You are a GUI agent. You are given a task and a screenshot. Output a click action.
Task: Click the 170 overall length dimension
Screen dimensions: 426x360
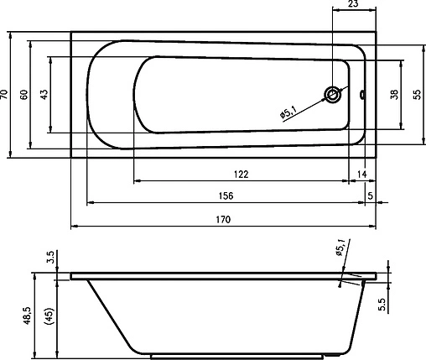223,220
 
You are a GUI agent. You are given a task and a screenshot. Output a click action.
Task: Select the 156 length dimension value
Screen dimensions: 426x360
226,196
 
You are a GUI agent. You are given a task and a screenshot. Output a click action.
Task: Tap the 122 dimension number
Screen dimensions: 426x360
241,175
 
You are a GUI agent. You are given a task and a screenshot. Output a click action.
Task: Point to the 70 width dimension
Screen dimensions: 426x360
3,95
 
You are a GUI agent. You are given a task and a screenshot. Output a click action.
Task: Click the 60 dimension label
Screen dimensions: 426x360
24,95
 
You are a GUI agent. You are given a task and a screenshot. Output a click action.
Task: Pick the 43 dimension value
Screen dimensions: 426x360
44,95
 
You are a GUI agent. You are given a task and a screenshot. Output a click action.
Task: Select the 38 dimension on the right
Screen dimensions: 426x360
394,95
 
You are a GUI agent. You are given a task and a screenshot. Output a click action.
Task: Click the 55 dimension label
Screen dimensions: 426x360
417,95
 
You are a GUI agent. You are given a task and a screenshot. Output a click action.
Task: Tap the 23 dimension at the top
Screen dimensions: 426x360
353,3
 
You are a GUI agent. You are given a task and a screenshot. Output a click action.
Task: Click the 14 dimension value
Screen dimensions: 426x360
361,175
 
